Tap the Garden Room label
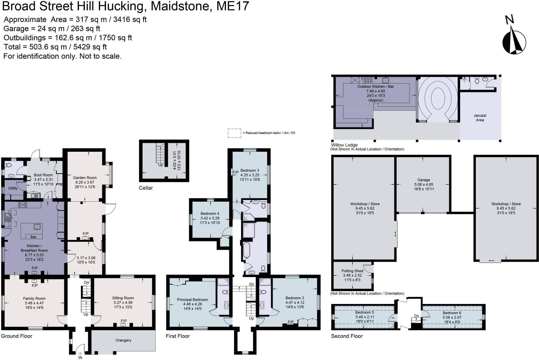pos(85,178)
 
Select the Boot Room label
pos(43,175)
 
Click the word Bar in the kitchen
pos(33,237)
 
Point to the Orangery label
pos(123,340)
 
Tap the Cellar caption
pos(146,188)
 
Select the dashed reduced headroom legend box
pos(234,133)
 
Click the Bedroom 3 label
pos(250,170)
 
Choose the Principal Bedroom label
pos(192,300)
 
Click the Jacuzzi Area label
pos(480,118)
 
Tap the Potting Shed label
pos(352,271)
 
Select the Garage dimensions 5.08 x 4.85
pos(423,185)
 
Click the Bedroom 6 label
pos(452,313)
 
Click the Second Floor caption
pos(347,336)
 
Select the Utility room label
pos(13,188)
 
